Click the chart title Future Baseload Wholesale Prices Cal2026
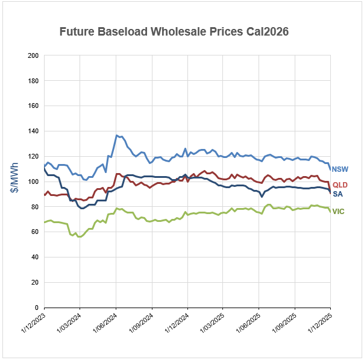coord(174,31)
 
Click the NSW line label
coord(339,169)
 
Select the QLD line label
coord(339,185)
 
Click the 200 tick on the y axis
coord(34,55)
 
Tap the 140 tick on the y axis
coord(34,131)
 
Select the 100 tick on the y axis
coord(34,182)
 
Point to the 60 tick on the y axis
coord(36,232)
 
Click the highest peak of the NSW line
coord(117,136)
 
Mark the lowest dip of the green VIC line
coord(79,236)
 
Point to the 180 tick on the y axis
coord(34,81)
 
